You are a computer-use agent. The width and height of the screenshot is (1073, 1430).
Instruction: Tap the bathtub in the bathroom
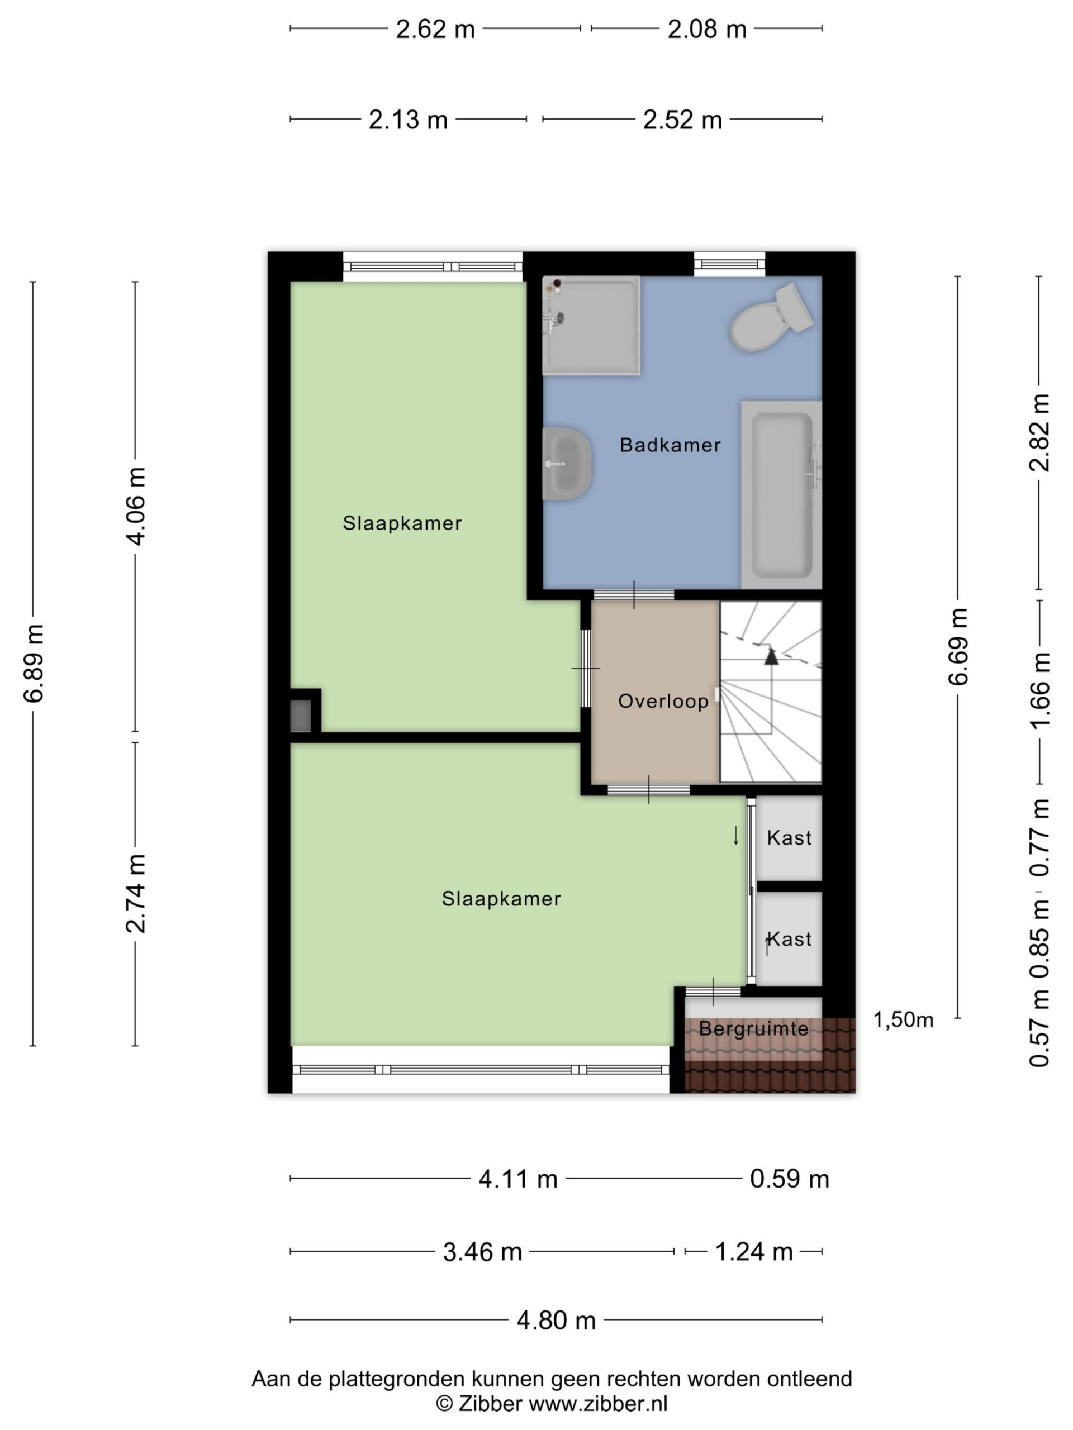781,494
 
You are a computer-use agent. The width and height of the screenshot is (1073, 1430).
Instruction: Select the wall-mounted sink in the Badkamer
567,463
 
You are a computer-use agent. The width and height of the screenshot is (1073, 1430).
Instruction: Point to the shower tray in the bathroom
591,325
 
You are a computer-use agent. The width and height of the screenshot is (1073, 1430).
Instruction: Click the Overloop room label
663,701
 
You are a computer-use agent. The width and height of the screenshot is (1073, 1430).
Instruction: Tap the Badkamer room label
670,445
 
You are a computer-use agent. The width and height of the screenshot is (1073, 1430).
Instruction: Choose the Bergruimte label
753,1028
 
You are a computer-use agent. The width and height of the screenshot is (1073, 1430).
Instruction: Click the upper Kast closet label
789,838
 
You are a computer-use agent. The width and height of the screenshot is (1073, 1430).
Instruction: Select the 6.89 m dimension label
34,664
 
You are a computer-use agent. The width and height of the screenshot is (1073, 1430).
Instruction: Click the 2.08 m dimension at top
707,29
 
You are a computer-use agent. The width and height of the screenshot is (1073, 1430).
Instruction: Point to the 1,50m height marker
903,1019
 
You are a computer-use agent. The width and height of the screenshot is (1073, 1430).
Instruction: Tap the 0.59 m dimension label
789,1179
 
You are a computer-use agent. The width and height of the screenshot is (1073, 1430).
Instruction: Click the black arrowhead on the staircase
771,657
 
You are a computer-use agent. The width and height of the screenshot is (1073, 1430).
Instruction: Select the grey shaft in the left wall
300,716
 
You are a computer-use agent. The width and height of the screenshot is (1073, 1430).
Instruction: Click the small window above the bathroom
729,264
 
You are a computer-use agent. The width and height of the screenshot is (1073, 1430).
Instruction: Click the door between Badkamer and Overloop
634,595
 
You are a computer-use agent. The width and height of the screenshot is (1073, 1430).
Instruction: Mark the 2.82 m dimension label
1040,432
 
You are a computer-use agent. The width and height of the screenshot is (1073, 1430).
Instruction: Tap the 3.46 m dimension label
482,1252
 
